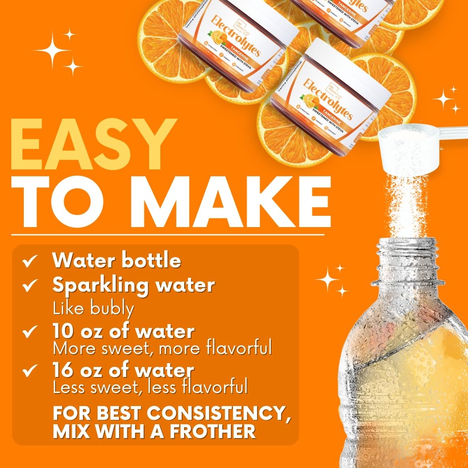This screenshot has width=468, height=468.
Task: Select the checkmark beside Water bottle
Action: coord(31,261)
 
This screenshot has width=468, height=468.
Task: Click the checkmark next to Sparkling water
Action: coord(31,286)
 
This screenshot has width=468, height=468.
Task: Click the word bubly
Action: coord(112,308)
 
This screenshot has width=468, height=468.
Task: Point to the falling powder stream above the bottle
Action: coord(407,206)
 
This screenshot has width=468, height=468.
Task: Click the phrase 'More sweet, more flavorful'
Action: coord(162,348)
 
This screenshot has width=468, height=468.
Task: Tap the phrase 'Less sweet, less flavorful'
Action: coord(150,388)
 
